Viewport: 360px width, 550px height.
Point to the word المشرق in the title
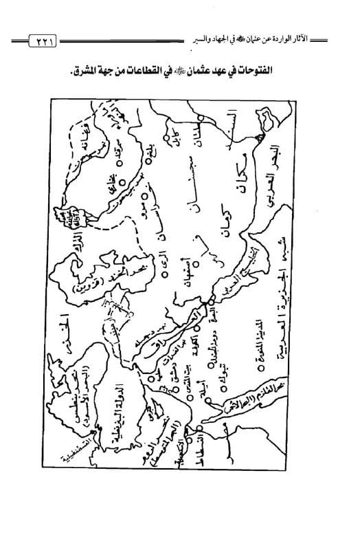[100, 69]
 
